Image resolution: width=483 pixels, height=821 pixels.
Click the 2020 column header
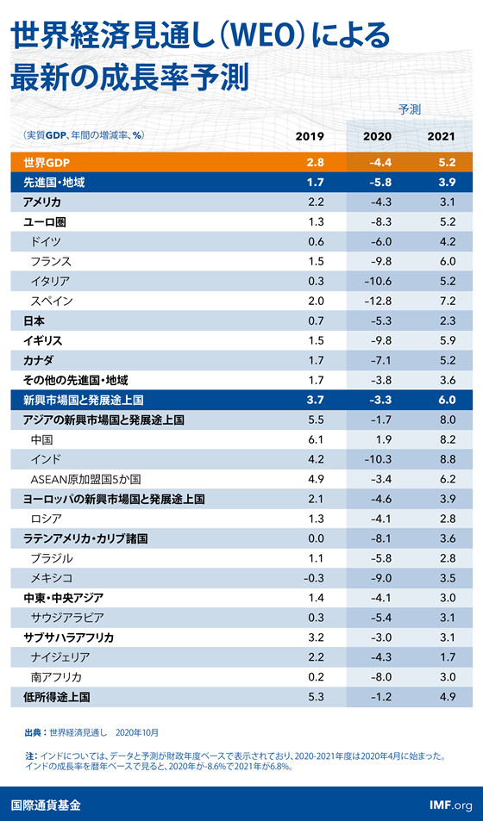coord(377,137)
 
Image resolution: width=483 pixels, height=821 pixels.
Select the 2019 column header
coord(310,137)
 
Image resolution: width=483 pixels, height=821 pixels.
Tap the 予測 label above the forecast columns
coord(410,109)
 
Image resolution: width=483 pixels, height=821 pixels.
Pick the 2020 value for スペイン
coord(377,301)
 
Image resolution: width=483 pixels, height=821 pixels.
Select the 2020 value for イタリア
coord(377,281)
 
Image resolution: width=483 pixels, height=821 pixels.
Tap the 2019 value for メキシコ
coord(313,579)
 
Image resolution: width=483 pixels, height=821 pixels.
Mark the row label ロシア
coord(47,519)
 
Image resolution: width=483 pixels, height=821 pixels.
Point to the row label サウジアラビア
coord(67,618)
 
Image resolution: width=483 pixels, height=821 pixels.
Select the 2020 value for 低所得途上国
coord(379,697)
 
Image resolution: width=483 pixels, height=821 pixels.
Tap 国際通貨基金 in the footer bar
coord(47,805)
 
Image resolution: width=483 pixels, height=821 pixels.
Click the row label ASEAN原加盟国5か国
coord(85,480)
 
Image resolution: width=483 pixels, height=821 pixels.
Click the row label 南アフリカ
coord(56,677)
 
